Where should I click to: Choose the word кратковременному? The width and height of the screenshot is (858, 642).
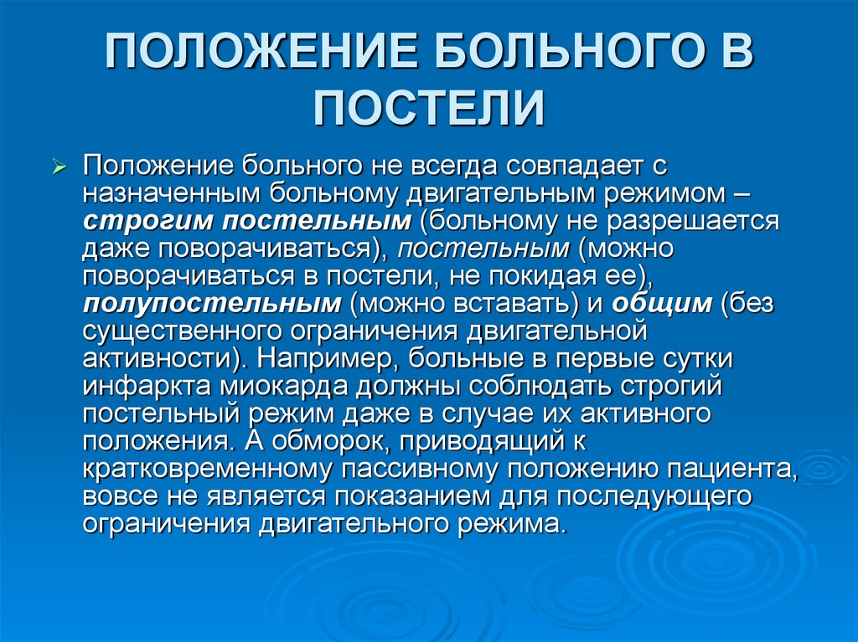coord(215,469)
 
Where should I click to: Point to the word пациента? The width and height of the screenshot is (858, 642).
coord(728,469)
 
